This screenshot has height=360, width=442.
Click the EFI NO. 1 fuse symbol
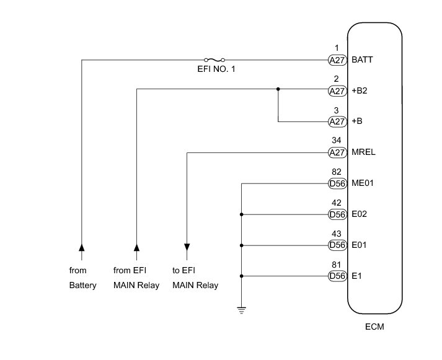214,60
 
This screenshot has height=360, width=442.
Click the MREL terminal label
363,152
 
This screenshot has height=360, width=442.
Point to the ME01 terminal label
363,183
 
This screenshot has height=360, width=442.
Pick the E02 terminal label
360,214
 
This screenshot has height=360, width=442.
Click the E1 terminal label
356,276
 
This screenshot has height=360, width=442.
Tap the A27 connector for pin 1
337,61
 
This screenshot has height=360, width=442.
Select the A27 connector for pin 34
337,152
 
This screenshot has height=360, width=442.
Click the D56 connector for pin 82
337,183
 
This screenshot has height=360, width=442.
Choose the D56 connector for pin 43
337,245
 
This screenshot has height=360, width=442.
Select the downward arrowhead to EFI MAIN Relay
187,248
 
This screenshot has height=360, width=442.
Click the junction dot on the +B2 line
278,89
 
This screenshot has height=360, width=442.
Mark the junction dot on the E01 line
241,245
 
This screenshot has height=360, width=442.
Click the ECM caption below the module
375,327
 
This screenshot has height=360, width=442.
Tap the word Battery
83,286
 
